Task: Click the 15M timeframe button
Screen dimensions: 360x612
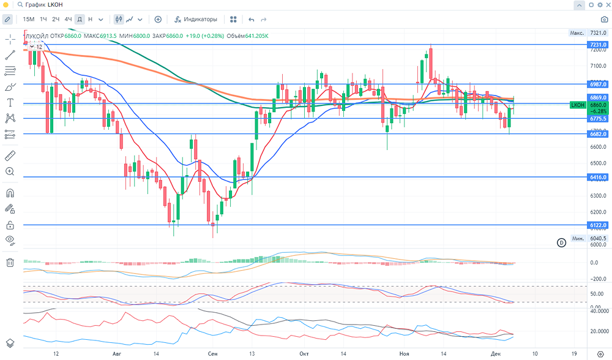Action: point(29,19)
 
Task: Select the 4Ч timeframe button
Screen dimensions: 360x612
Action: point(68,19)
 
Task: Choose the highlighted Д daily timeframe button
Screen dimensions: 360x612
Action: point(80,19)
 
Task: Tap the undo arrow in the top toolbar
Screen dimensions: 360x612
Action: point(251,19)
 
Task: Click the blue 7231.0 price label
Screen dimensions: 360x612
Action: point(597,45)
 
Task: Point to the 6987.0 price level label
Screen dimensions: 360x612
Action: point(597,84)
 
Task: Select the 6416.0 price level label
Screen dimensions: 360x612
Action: point(597,177)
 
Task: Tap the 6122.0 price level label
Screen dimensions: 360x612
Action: point(597,225)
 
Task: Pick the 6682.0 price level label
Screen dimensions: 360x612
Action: point(597,133)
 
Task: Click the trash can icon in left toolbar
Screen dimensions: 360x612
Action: point(10,262)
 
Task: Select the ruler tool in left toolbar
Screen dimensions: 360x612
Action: point(10,156)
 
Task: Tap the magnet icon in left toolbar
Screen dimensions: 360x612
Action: point(10,193)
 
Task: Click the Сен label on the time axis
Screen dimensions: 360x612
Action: point(212,354)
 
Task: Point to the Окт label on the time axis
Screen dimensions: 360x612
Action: point(304,354)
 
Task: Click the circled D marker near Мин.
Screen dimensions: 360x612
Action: point(561,242)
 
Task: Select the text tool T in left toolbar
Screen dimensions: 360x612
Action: point(10,102)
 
